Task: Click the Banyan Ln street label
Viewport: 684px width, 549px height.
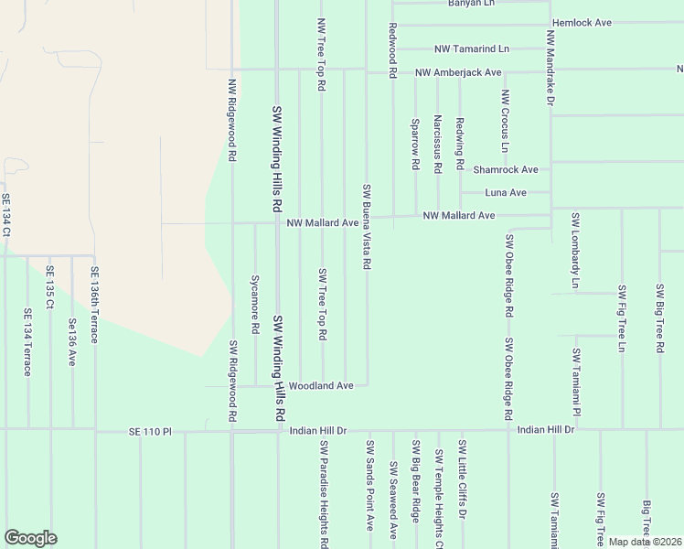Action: [471, 4]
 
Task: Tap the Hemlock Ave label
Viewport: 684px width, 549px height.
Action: [582, 22]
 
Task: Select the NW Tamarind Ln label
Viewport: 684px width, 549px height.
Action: [472, 48]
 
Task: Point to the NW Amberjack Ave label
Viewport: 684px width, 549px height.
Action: [457, 71]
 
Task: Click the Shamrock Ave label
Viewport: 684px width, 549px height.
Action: [505, 169]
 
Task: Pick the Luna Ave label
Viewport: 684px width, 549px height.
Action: [506, 193]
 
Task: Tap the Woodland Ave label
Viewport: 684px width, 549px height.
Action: [319, 386]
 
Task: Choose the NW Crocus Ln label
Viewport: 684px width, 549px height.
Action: [505, 121]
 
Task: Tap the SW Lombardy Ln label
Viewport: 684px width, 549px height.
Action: [575, 252]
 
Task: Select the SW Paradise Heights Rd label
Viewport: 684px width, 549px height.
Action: [324, 495]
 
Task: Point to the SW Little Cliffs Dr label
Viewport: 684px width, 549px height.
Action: [463, 479]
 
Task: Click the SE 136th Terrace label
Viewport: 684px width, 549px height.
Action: [93, 305]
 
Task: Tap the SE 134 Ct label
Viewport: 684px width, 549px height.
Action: [5, 215]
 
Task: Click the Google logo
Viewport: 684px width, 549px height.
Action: [30, 538]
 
